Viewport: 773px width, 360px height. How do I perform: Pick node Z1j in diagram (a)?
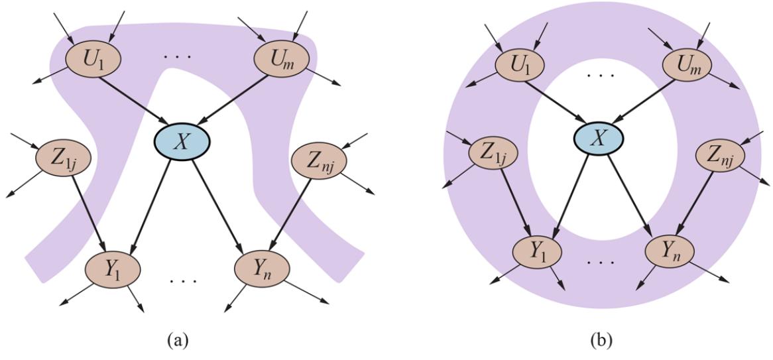(63, 157)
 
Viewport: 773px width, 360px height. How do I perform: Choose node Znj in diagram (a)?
(316, 158)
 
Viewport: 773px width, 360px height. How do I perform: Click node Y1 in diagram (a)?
(112, 268)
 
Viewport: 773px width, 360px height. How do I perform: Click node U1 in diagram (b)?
(519, 64)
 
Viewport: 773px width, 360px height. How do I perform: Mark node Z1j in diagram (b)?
(493, 155)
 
